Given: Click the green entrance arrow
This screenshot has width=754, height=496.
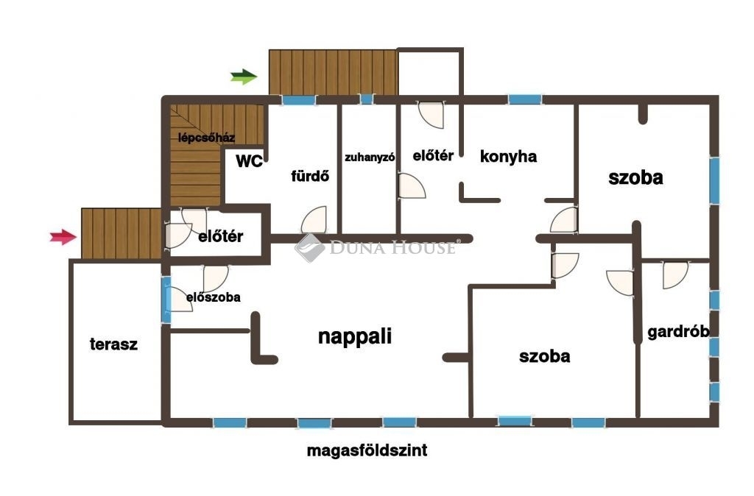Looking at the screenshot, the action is (244, 77).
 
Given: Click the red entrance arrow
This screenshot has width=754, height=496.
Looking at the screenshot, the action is (63, 236).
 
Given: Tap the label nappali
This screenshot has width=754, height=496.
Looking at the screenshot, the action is (355, 336).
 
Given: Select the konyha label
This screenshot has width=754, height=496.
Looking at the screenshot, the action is (508, 157).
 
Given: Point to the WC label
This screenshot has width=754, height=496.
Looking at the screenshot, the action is (249, 161).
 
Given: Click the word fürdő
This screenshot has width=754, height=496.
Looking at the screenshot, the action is (310, 176).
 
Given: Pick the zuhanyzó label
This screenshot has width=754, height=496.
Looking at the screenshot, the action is (370, 157).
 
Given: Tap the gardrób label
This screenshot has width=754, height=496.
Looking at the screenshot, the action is (678, 332).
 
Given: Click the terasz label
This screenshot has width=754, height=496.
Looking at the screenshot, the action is (114, 344).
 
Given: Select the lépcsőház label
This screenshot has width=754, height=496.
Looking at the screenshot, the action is (206, 138).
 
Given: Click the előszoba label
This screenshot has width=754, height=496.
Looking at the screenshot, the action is (214, 297).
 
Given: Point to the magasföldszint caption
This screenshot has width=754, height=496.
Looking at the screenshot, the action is (367, 451).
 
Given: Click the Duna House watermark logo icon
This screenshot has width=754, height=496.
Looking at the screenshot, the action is (309, 247).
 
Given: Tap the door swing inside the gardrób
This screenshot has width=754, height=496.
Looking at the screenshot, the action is (675, 275).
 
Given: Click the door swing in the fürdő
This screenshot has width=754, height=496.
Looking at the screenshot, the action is (314, 220).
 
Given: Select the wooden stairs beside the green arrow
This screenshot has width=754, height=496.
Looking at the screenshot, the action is (334, 72).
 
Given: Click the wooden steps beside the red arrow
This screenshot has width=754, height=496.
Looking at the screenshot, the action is (121, 233).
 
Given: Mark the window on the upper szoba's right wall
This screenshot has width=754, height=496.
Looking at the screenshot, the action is (714, 181).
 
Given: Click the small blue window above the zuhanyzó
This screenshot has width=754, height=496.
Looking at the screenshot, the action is (367, 99).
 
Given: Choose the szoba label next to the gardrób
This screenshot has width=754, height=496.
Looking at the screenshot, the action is (545, 356).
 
